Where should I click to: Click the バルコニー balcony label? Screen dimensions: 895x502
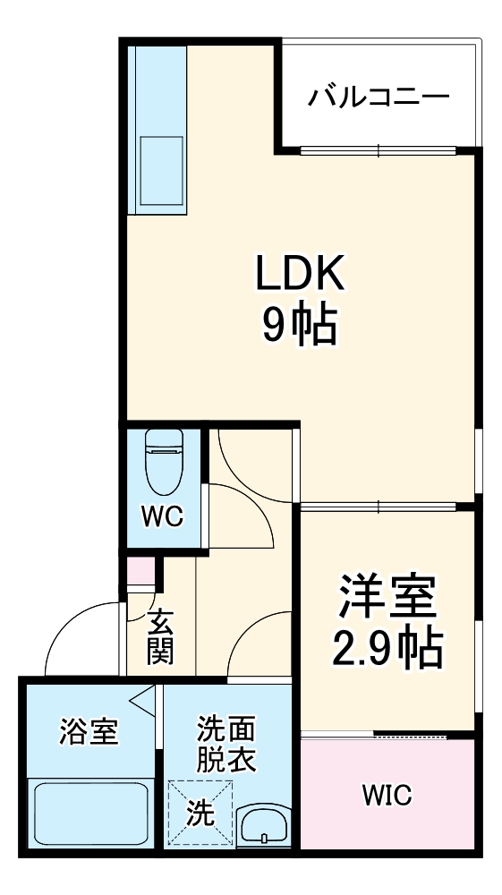379,97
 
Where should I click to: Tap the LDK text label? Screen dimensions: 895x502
299,275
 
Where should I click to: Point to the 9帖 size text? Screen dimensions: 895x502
299,327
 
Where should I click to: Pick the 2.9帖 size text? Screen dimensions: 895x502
387,650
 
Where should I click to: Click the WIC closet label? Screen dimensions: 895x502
387,794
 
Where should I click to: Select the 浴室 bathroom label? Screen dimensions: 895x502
88,732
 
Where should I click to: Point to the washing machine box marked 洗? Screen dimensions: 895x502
200,813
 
